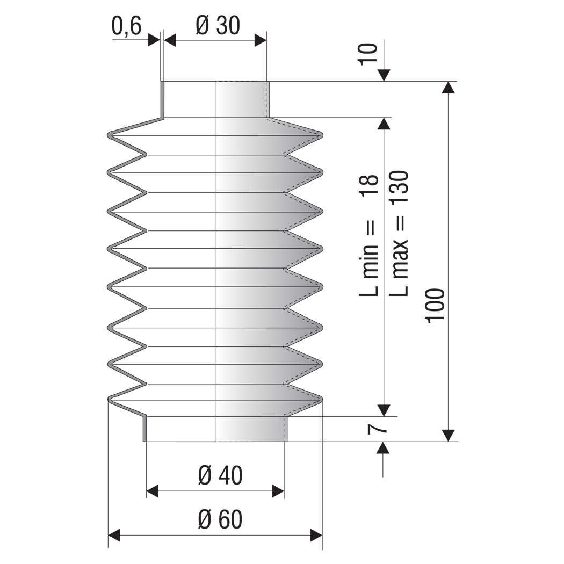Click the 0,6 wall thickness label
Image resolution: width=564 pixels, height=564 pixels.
126,26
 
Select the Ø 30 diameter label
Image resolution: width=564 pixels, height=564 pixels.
218,26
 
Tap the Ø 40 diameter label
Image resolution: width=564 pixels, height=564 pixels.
220,475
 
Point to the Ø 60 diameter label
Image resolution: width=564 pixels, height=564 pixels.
220,519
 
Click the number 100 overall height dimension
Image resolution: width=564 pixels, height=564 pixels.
435,306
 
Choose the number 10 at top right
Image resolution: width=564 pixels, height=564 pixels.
367,54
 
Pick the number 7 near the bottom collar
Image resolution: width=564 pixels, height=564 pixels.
377,429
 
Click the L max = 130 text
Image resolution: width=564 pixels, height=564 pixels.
399,234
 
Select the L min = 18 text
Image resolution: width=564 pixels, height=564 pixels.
369,235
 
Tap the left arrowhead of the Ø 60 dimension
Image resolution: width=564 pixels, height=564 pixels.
114,535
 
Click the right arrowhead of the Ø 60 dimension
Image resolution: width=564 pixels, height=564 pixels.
316,535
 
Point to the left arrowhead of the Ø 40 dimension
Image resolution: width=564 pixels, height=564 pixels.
152,491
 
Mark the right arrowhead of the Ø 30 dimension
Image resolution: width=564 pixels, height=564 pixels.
261,40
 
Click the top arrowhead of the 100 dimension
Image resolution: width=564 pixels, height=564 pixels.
448,88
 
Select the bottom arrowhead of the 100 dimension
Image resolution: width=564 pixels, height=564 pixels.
448,435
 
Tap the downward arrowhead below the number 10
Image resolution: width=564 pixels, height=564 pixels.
384,76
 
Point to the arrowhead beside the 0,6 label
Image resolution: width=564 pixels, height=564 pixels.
154,40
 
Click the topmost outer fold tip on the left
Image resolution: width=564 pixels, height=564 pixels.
110,135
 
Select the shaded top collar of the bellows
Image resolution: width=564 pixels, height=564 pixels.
242,99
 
